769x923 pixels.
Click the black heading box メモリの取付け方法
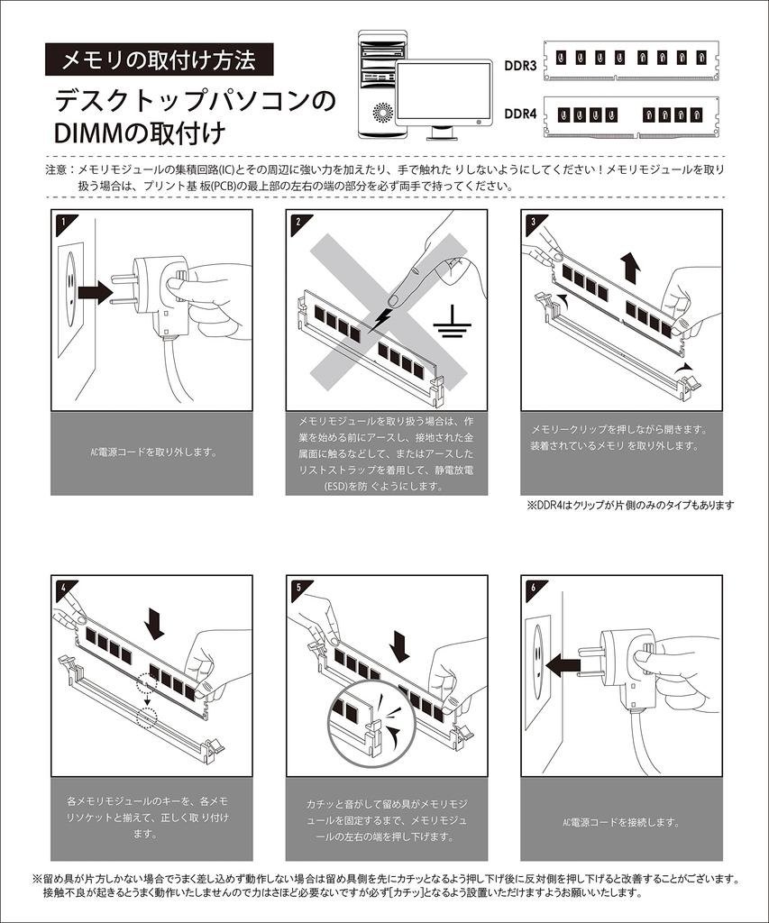158,60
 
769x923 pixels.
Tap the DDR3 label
520,66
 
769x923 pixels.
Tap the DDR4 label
520,114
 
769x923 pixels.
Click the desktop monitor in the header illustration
444,96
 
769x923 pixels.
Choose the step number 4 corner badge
61,587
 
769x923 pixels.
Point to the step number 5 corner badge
297,587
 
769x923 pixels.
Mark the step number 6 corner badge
533,587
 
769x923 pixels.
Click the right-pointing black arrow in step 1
94,292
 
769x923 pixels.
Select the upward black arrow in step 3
631,267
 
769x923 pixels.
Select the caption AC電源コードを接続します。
621,822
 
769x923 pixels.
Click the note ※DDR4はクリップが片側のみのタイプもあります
629,505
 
